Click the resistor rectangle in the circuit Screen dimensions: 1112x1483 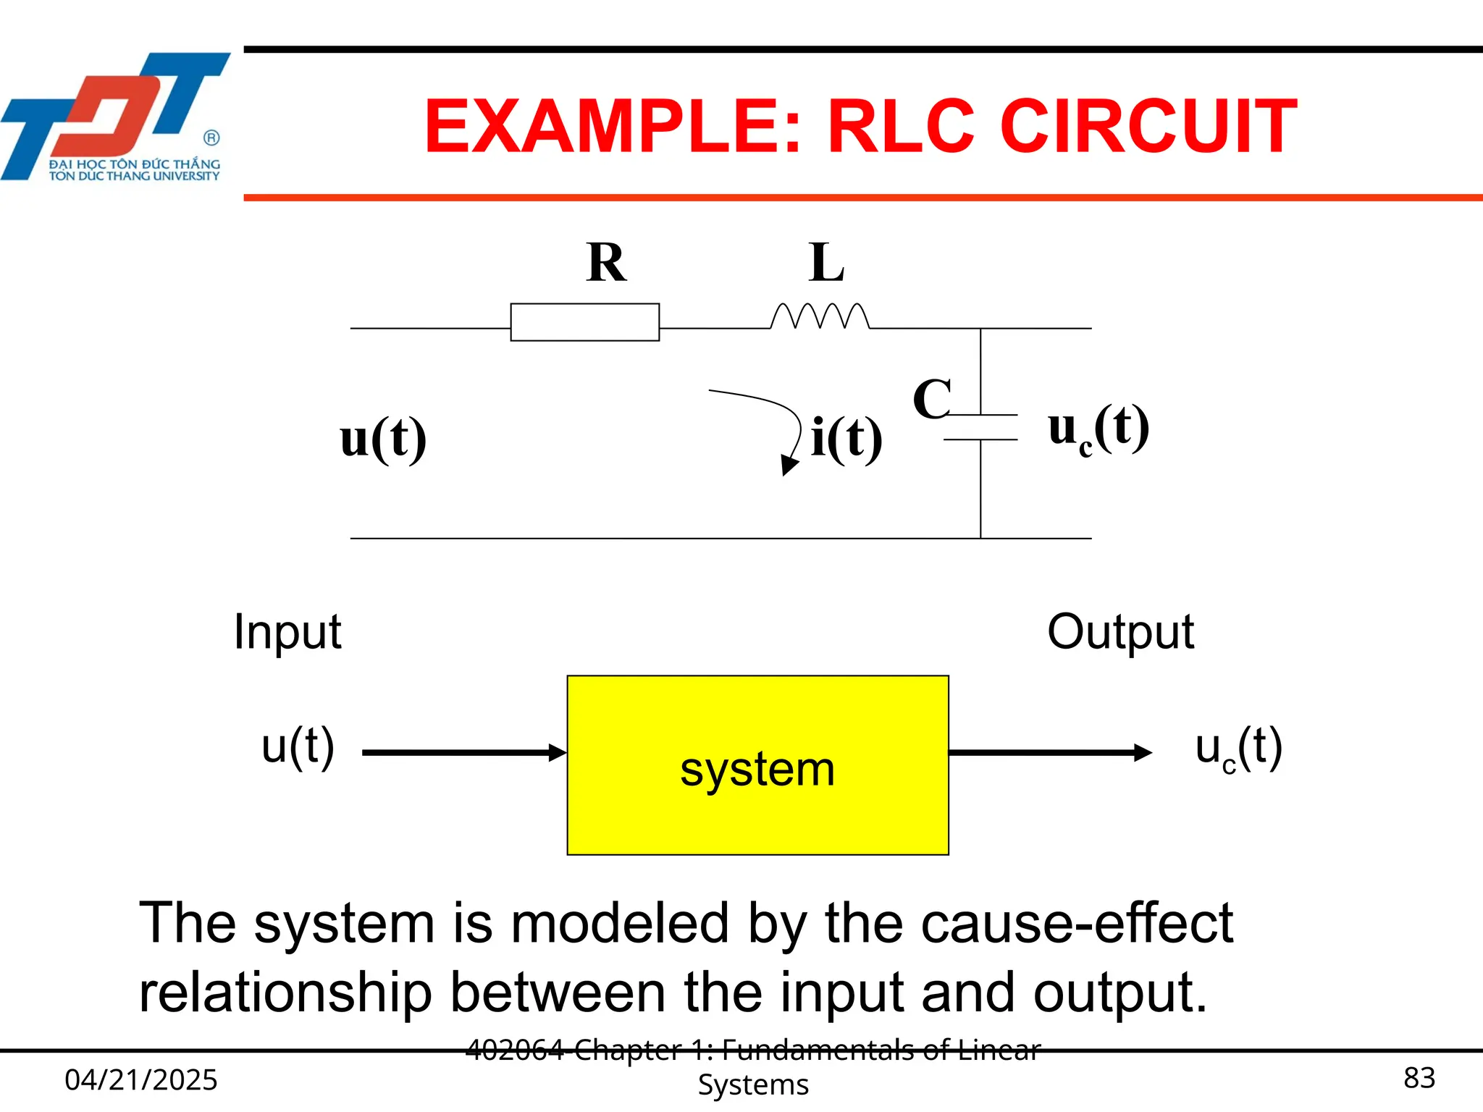pyautogui.click(x=584, y=322)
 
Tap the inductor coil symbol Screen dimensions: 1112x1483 pyautogui.click(x=820, y=317)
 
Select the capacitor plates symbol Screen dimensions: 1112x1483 pyautogui.click(x=980, y=427)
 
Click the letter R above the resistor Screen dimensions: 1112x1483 pyautogui.click(x=606, y=263)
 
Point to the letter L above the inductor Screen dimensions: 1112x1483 pyautogui.click(x=826, y=263)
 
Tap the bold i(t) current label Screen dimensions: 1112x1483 pyautogui.click(x=846, y=438)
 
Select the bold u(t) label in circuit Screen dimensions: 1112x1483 pyautogui.click(x=383, y=439)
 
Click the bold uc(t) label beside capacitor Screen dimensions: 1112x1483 pyautogui.click(x=1098, y=429)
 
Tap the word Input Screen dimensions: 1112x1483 pyautogui.click(x=287, y=632)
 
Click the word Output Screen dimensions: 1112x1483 pyautogui.click(x=1119, y=632)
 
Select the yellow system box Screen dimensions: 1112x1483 pyautogui.click(x=757, y=765)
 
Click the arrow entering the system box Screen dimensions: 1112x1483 pyautogui.click(x=463, y=753)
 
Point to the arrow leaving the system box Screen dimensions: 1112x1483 pyautogui.click(x=1050, y=753)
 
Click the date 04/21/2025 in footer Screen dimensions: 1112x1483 pyautogui.click(x=141, y=1079)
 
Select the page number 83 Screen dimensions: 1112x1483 pyautogui.click(x=1419, y=1078)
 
